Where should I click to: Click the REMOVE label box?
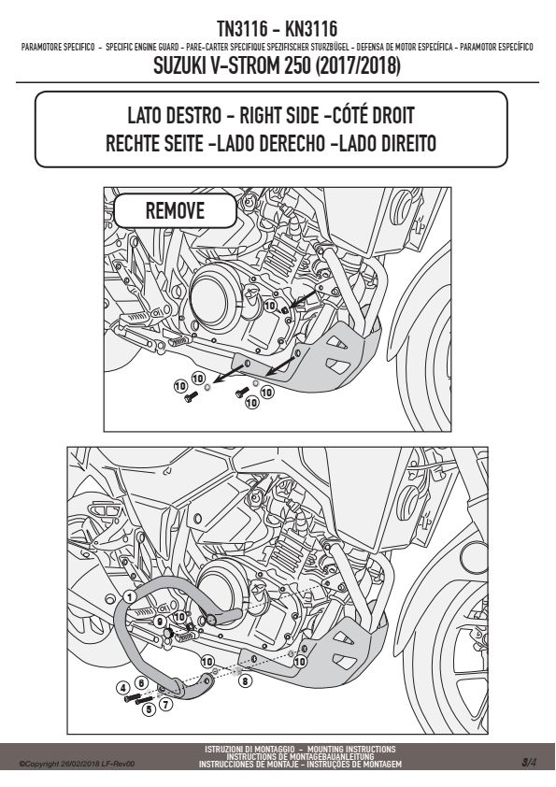tap(175, 210)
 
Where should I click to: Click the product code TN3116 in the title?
tap(242, 29)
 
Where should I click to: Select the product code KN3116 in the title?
tap(311, 29)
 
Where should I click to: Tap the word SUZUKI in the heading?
tap(178, 65)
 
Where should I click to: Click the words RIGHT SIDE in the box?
tap(278, 116)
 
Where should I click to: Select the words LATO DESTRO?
tap(174, 116)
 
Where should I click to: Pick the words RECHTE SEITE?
tap(153, 144)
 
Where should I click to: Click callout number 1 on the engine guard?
tap(130, 596)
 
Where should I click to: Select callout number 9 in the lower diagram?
tap(160, 622)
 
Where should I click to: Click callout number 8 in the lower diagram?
tap(245, 681)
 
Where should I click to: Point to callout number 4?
tap(122, 687)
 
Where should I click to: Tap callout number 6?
tap(141, 683)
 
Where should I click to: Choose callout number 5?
tap(148, 709)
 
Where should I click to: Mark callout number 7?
tap(166, 704)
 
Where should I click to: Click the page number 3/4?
tap(529, 763)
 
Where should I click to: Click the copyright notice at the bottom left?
tap(77, 764)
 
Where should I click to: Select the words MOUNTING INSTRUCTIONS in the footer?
tap(351, 749)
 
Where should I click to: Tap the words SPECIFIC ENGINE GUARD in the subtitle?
tap(143, 47)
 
